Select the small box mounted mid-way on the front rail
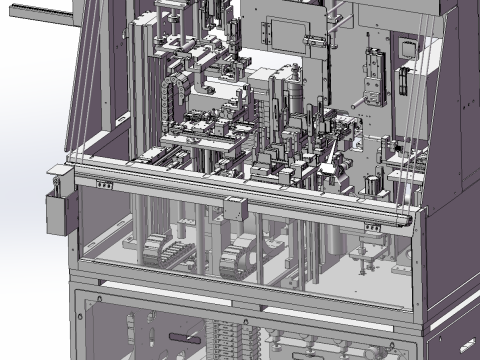(x=236, y=209)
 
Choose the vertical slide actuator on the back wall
(x=374, y=74)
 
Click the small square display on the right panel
(x=409, y=47)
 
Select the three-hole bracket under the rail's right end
(x=369, y=227)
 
